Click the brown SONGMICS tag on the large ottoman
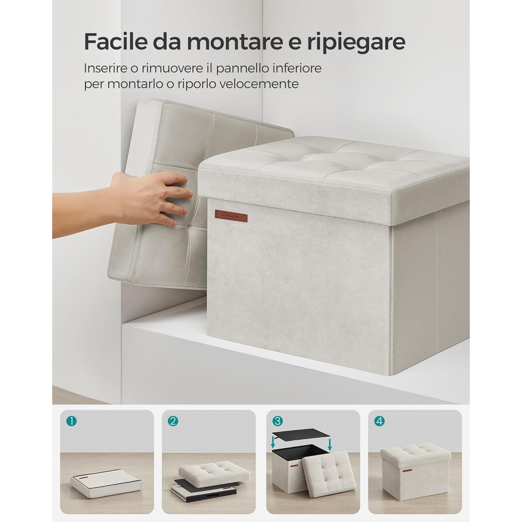231,215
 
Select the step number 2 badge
173,421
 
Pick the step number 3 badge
277,421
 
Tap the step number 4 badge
379,421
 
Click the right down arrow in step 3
330,444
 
